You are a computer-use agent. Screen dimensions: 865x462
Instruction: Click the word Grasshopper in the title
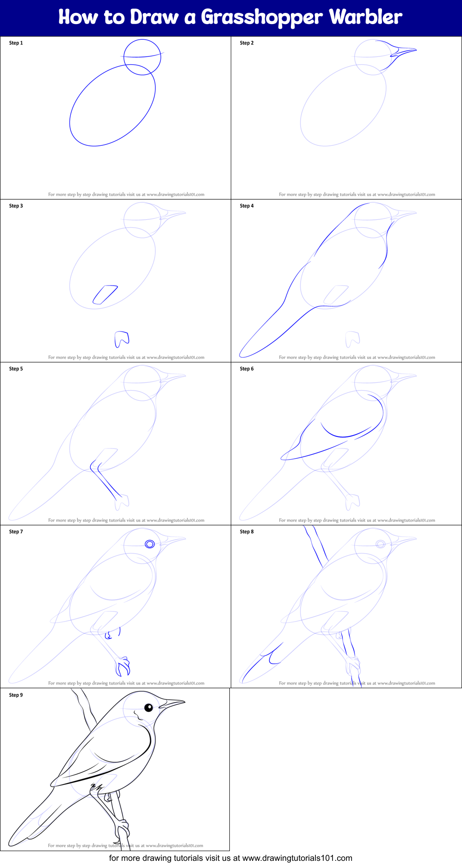click(262, 18)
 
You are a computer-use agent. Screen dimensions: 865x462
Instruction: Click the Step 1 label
click(16, 43)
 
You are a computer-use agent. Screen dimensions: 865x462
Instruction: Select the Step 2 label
click(246, 43)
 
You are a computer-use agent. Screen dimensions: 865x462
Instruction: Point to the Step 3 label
click(16, 206)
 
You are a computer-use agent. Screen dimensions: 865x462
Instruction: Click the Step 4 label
click(246, 206)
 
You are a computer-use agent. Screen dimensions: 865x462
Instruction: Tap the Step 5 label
click(16, 369)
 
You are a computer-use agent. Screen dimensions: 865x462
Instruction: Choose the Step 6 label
click(246, 369)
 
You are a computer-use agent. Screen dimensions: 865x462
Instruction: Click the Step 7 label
click(16, 532)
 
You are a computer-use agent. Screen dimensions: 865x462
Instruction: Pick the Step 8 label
click(246, 532)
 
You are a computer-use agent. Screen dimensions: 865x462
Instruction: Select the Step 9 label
click(16, 695)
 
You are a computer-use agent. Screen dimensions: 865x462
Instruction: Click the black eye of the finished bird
click(148, 708)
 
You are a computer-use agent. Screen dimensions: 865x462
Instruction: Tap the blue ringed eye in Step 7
click(149, 544)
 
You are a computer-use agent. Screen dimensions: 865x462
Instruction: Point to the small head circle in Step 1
click(142, 57)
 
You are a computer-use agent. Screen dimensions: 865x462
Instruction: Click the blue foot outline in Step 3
click(121, 339)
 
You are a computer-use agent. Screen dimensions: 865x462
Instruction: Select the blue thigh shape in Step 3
click(105, 294)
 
